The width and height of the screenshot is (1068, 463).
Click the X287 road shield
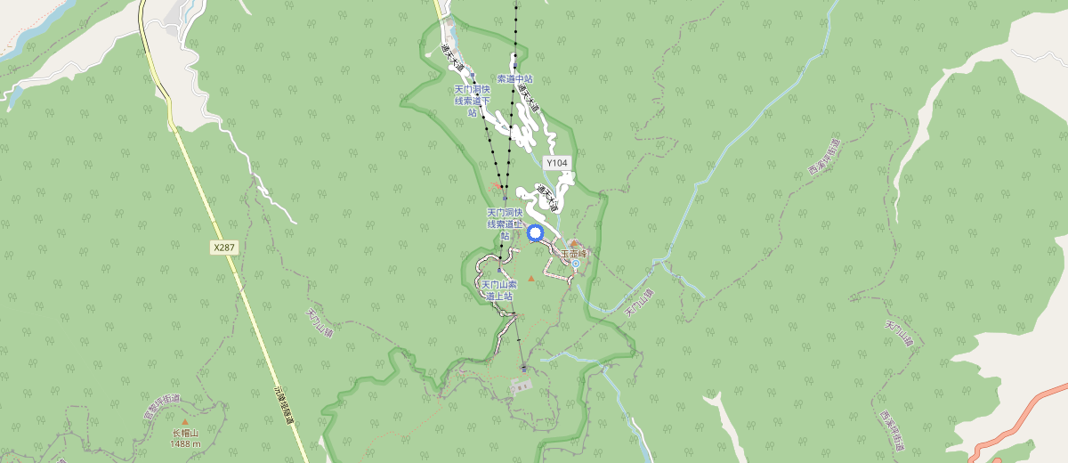(225, 247)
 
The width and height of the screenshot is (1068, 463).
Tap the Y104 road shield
(556, 163)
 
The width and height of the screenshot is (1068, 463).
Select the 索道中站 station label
(514, 79)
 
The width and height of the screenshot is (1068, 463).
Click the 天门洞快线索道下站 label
(473, 101)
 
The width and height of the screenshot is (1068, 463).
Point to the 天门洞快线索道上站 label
(504, 223)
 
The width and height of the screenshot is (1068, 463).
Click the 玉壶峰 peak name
(575, 254)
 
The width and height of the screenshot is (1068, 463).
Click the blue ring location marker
(536, 233)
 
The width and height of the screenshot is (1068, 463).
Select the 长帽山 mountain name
(185, 434)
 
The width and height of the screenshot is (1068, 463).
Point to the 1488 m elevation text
(185, 443)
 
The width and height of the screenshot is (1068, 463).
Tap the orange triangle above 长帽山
(185, 422)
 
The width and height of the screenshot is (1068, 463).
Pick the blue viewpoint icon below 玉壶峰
(575, 264)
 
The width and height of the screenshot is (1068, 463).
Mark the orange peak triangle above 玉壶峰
(574, 243)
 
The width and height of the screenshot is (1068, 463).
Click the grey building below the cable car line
(521, 386)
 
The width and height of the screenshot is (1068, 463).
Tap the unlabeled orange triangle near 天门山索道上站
(531, 280)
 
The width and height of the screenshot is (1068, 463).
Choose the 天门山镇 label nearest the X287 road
(319, 322)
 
